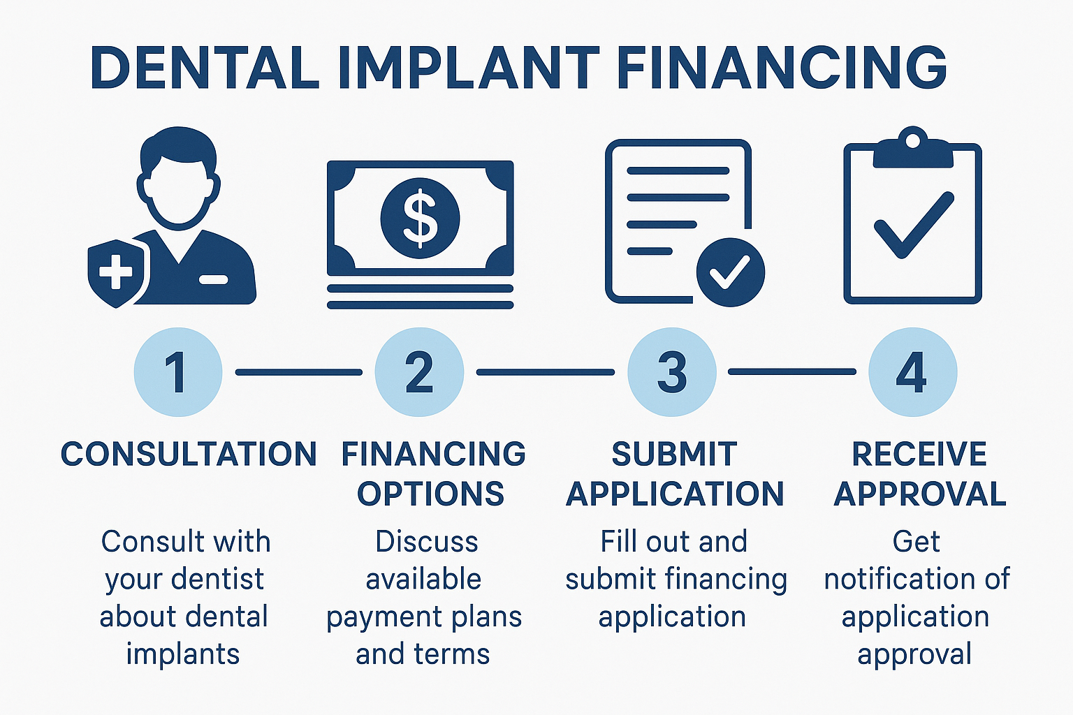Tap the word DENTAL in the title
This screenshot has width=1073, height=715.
(x=205, y=68)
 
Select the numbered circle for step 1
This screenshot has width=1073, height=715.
(x=177, y=372)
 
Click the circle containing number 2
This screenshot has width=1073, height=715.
(x=419, y=372)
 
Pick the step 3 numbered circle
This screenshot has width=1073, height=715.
(x=672, y=372)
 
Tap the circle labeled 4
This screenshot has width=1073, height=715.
(x=912, y=372)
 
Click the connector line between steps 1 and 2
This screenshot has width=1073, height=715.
(x=298, y=372)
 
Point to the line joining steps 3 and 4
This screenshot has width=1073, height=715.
(x=792, y=372)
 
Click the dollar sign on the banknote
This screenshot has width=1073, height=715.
(x=420, y=218)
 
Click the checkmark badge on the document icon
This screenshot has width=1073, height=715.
(x=730, y=272)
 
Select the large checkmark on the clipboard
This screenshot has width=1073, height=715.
(x=913, y=225)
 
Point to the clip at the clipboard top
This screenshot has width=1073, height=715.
(x=912, y=148)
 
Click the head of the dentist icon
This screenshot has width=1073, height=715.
(x=179, y=178)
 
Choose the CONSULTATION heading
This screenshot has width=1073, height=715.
(x=189, y=454)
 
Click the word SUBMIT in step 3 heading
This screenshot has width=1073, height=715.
(x=674, y=454)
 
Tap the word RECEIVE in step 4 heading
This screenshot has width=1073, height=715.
(x=919, y=454)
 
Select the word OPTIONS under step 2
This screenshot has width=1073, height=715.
(x=430, y=494)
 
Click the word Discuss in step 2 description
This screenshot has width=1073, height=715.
(x=426, y=542)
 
